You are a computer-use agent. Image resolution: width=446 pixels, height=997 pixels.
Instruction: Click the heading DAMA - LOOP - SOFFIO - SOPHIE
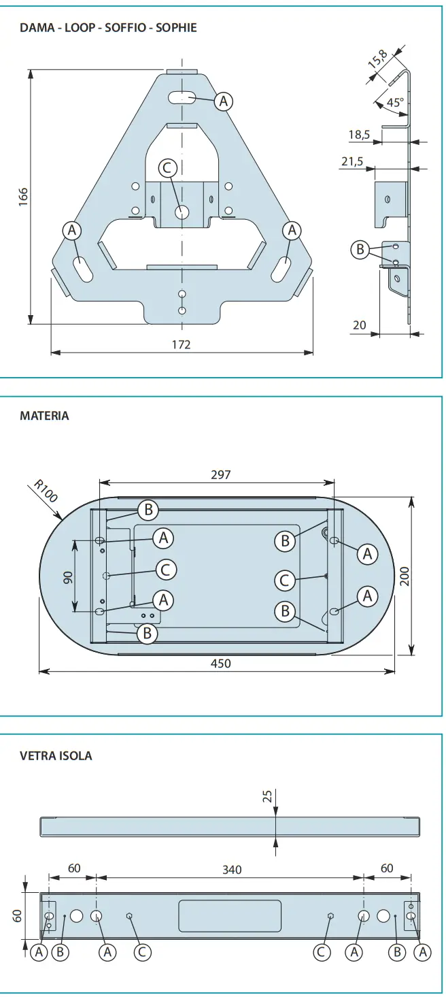(x=108, y=28)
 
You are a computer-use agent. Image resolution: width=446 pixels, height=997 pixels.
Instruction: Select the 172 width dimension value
(x=181, y=344)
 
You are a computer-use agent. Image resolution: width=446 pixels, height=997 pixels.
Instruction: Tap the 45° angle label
(x=395, y=102)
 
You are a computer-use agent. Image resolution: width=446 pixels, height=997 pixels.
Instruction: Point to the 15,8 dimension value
(x=379, y=59)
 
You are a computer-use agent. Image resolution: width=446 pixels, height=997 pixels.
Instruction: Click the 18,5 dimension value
(x=359, y=135)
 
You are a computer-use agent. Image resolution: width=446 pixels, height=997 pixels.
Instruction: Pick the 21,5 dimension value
(x=352, y=161)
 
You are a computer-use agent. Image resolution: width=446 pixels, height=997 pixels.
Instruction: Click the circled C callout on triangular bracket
(x=167, y=167)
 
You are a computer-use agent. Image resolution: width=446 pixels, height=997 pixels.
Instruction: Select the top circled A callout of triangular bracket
(x=223, y=101)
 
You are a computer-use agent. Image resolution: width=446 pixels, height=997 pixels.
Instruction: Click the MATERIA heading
(x=44, y=415)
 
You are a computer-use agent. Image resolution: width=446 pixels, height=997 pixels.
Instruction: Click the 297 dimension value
(x=220, y=474)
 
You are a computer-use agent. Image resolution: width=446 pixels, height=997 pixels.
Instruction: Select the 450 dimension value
(x=221, y=663)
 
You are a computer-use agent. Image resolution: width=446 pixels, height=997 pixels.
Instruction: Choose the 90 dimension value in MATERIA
(x=68, y=577)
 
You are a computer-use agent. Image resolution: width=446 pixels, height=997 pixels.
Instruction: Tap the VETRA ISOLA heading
(x=56, y=755)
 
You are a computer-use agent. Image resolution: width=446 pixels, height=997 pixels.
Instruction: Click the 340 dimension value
(x=232, y=869)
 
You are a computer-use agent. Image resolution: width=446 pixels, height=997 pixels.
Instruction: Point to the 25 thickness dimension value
(x=267, y=796)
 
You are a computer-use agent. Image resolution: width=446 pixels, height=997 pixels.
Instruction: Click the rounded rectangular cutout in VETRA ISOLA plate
(x=230, y=916)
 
